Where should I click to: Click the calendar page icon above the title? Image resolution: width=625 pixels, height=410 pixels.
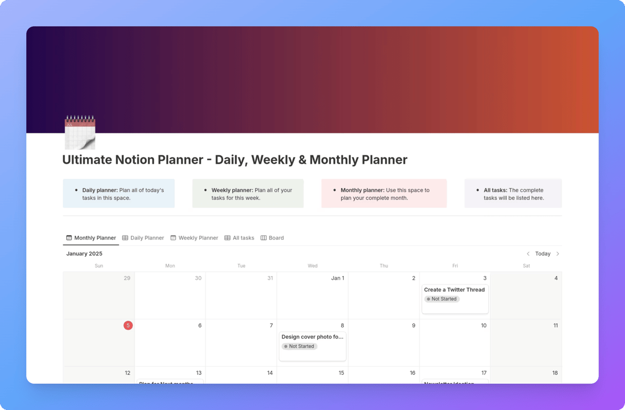pyautogui.click(x=80, y=132)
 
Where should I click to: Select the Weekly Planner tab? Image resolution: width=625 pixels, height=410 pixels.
pyautogui.click(x=194, y=238)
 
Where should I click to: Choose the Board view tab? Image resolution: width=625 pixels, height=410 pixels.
pyautogui.click(x=272, y=238)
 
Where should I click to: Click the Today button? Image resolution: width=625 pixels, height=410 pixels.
pyautogui.click(x=543, y=254)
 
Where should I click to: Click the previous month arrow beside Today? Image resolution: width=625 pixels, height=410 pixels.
pyautogui.click(x=528, y=254)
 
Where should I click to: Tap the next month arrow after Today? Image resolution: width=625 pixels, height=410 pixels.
pyautogui.click(x=558, y=254)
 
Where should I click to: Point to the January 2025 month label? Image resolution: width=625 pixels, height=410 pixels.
pyautogui.click(x=84, y=254)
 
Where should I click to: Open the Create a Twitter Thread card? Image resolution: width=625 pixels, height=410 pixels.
pyautogui.click(x=454, y=290)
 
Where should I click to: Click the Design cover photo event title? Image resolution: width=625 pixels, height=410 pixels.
pyautogui.click(x=312, y=337)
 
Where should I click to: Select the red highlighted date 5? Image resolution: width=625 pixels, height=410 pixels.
pyautogui.click(x=128, y=326)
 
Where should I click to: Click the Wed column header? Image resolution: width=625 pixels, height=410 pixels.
pyautogui.click(x=313, y=266)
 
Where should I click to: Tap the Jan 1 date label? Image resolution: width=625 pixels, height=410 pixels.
pyautogui.click(x=337, y=278)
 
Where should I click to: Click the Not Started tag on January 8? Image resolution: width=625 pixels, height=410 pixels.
pyautogui.click(x=299, y=346)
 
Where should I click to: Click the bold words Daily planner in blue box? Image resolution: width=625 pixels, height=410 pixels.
pyautogui.click(x=100, y=190)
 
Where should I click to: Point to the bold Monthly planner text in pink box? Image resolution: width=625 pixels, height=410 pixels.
pyautogui.click(x=362, y=190)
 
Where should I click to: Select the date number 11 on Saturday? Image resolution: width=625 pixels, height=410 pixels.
pyautogui.click(x=555, y=326)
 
